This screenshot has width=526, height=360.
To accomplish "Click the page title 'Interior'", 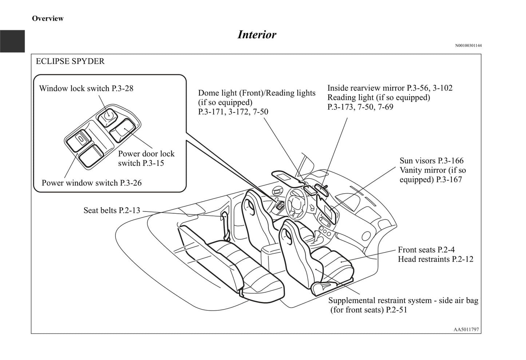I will (257, 35).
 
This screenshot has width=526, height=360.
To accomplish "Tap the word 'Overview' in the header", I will (48, 19).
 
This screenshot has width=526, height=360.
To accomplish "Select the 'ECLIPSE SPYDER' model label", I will (70, 61).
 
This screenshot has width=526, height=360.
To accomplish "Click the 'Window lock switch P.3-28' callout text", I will (86, 88).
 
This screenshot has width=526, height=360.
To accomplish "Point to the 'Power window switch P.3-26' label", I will (91, 183).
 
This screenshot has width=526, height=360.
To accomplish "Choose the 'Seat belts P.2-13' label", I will (111, 210).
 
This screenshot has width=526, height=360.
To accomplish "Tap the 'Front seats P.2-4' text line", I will (426, 250).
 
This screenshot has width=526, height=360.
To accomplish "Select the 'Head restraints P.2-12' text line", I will (435, 259).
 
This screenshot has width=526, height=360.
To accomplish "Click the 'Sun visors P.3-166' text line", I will (431, 161).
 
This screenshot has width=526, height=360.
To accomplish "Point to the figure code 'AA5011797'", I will (466, 330).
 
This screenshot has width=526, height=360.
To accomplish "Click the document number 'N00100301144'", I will (468, 46).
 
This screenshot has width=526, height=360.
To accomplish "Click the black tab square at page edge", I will (12, 41).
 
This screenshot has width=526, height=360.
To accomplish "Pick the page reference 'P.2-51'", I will (396, 310).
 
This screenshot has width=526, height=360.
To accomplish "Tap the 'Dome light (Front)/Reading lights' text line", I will (257, 93).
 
